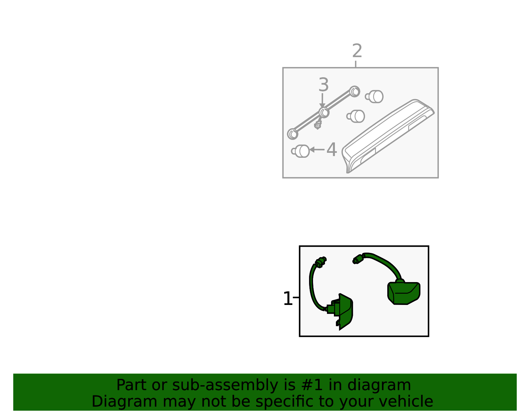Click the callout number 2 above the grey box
tap(357, 51)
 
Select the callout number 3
tap(323, 85)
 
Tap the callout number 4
tap(332, 149)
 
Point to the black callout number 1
tap(288, 299)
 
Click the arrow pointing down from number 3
tap(322, 100)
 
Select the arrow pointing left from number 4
tap(317, 149)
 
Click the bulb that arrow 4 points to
tap(300, 151)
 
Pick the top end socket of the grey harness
tap(354, 91)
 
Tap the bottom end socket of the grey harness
tap(292, 134)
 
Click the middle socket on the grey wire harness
tap(324, 112)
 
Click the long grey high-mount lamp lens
tap(388, 136)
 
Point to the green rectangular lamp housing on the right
tap(404, 293)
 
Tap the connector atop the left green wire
tap(321, 262)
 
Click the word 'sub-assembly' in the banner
tap(225, 386)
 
